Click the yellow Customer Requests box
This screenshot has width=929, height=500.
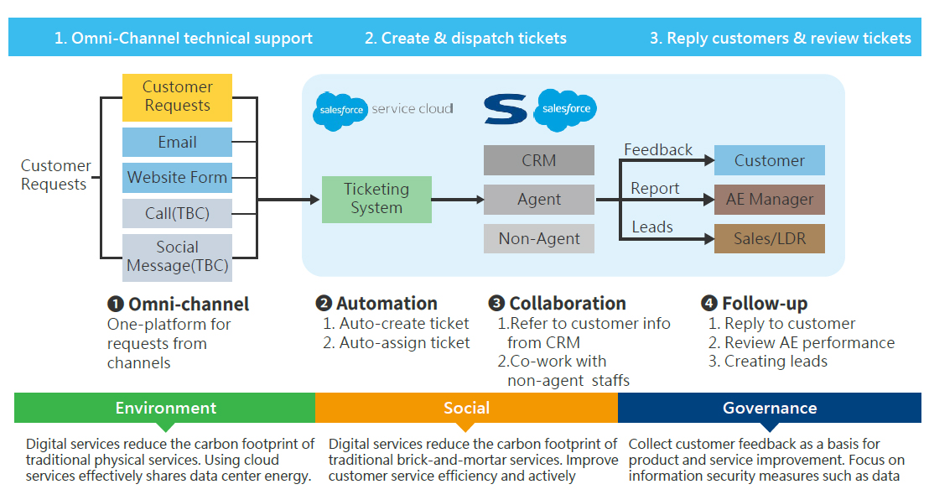tap(177, 96)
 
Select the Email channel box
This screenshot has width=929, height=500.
tap(177, 142)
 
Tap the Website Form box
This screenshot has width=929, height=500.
tap(177, 177)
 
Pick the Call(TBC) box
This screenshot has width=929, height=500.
tap(177, 213)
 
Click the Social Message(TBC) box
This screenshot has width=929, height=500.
tap(177, 257)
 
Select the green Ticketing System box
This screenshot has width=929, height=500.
tap(376, 199)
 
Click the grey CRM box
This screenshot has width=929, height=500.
tap(538, 160)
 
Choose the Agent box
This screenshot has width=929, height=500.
tap(538, 200)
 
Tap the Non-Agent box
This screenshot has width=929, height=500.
tap(538, 238)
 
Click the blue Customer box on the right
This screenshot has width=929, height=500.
tap(769, 160)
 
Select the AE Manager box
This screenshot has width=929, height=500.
tap(769, 200)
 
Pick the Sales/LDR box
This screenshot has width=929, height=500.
tap(769, 238)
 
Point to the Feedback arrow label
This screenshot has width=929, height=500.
tap(658, 149)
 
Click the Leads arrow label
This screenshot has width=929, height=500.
tap(651, 227)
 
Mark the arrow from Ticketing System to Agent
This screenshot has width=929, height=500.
tap(458, 200)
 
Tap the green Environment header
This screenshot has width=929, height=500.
tap(165, 409)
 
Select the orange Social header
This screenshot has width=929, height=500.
tap(466, 409)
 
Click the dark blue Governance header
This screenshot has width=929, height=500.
tap(769, 409)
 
